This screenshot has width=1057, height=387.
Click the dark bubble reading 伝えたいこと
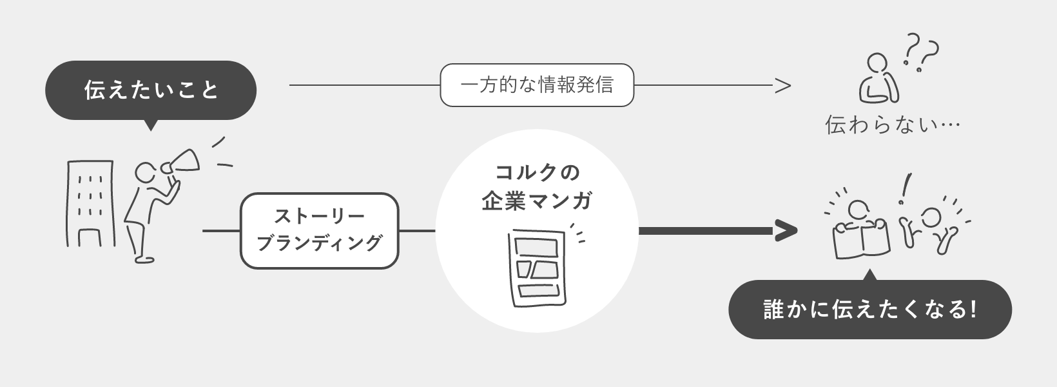point(151,90)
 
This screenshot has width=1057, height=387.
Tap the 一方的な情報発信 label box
point(537,85)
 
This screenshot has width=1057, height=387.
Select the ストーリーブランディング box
point(319,230)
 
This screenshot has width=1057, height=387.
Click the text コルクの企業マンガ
point(537,187)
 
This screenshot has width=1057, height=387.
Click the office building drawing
point(90,203)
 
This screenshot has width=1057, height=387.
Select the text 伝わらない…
point(893,124)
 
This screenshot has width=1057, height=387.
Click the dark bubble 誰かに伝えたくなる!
point(869,310)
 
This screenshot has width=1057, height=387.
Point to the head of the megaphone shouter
point(146,173)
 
